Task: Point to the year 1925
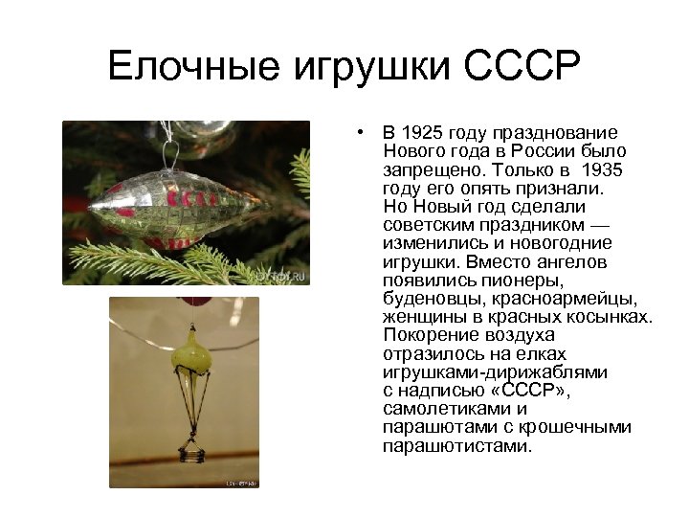tap(422, 133)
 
